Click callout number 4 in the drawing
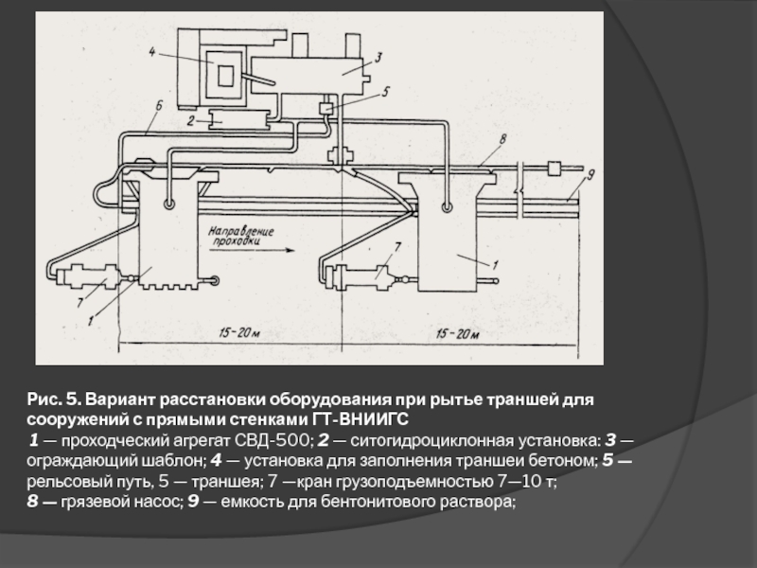pyautogui.click(x=151, y=52)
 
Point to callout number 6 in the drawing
pyautogui.click(x=159, y=106)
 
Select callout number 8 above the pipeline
pyautogui.click(x=502, y=139)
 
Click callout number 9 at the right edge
pyautogui.click(x=590, y=174)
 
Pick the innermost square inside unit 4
pyautogui.click(x=225, y=76)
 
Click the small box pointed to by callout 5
pyautogui.click(x=326, y=108)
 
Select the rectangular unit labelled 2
pyautogui.click(x=238, y=119)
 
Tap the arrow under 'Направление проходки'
pyautogui.click(x=252, y=250)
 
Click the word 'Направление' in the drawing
pyautogui.click(x=241, y=231)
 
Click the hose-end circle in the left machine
pyautogui.click(x=169, y=204)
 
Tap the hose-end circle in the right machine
pyautogui.click(x=447, y=207)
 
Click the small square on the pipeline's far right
pyautogui.click(x=553, y=169)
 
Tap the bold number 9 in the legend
pyautogui.click(x=193, y=502)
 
